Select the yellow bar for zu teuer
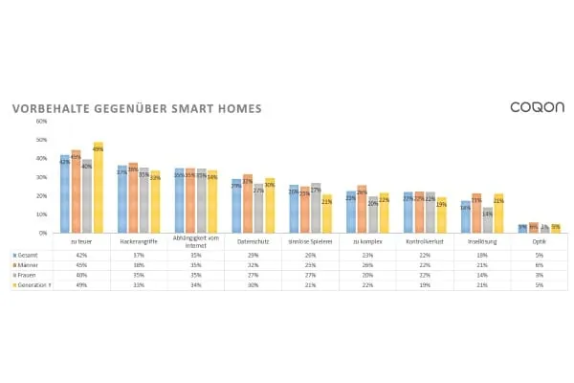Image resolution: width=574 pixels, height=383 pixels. (98, 188)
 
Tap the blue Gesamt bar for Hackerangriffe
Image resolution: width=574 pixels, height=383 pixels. (122, 199)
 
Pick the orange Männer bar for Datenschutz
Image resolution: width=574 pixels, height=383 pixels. (248, 203)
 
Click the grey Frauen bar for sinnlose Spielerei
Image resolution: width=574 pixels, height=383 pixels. (316, 207)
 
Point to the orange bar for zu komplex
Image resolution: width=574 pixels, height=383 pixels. (362, 209)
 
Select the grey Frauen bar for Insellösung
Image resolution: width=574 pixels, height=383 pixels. (487, 220)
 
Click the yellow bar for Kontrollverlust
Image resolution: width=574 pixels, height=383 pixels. (441, 214)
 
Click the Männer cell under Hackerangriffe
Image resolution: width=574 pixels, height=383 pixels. (139, 264)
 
